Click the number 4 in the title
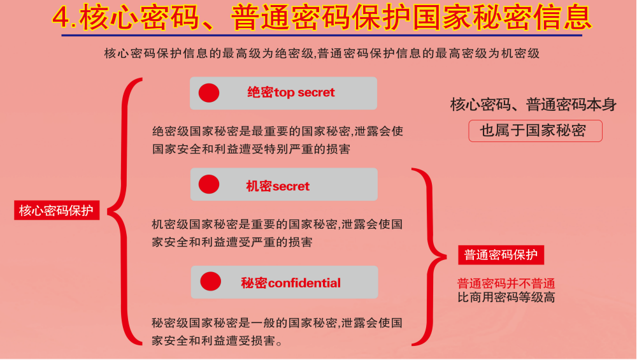62,18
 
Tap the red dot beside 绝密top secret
209,92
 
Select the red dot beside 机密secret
209,184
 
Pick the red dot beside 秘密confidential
210,281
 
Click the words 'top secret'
304,92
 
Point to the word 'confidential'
304,283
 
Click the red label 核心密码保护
57,210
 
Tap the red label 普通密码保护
501,255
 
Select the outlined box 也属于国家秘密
536,131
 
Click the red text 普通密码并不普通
506,283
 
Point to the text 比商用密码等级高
506,297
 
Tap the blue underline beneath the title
322,35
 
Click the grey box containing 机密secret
283,184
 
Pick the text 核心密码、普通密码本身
533,105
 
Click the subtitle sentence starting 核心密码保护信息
322,54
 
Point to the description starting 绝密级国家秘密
278,140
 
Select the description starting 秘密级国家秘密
276,331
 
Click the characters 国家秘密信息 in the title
502,18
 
